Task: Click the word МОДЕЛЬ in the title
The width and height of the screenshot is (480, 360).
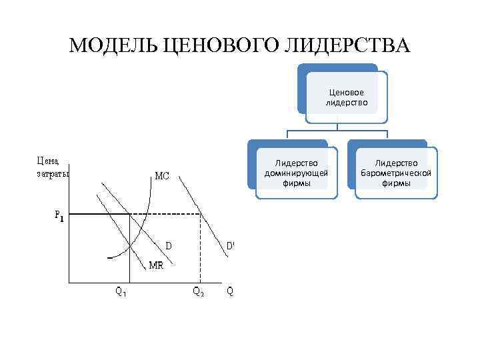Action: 113,46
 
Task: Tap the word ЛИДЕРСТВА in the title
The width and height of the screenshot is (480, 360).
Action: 348,46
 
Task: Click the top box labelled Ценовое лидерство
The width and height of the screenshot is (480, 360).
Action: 346,97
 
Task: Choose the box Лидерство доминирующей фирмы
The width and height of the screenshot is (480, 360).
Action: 296,173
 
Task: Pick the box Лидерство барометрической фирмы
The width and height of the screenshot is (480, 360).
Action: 396,173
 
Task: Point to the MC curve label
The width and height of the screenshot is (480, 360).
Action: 162,177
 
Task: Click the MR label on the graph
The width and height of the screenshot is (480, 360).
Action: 156,265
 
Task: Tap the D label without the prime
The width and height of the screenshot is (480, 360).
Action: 169,245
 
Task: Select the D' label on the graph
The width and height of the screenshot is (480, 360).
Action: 230,245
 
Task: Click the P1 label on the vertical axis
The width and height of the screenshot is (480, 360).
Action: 59,215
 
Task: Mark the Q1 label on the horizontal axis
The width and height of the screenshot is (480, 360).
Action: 121,291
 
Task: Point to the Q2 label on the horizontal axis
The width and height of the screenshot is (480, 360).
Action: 199,291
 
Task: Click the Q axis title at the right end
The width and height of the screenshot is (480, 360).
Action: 230,291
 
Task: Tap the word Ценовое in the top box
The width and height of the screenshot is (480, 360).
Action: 346,93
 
